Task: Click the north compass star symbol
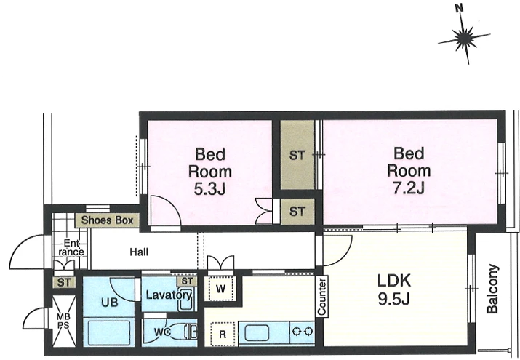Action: pos(464,37)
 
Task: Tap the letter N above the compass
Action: pos(460,9)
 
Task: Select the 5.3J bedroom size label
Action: pos(209,190)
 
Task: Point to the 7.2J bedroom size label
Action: pos(409,188)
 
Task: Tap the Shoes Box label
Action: pos(107,220)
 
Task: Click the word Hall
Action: pos(139,252)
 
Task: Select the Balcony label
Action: pos(492,289)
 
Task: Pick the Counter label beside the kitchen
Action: pos(321,296)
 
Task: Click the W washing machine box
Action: pos(220,289)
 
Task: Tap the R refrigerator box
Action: pos(223,334)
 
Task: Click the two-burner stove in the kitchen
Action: pos(302,332)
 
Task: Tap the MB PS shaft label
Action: pos(63,321)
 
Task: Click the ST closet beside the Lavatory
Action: pos(187,281)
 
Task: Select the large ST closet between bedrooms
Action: pos(297,154)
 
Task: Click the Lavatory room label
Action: pos(169,295)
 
